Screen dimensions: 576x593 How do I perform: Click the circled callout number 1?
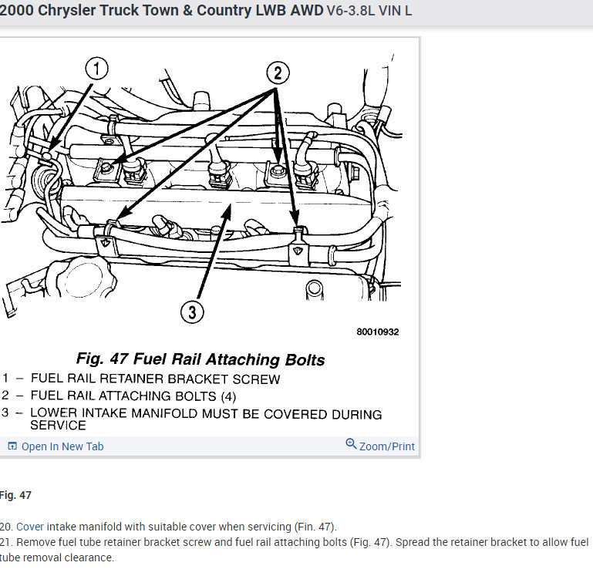coord(96,69)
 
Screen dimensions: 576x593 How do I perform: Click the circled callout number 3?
coord(191,312)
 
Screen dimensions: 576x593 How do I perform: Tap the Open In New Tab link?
coord(62,446)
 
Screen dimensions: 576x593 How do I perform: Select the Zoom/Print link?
coord(386,446)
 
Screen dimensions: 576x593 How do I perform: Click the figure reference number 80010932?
coord(377,332)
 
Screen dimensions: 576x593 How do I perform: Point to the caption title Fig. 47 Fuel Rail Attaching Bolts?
coord(200,359)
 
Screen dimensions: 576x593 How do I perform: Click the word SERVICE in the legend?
coord(58,425)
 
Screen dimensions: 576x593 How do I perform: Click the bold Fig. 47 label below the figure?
coord(15,495)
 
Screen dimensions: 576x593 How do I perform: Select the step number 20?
coord(6,527)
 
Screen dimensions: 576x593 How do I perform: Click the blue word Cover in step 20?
coord(31,527)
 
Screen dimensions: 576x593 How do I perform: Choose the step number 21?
coord(6,543)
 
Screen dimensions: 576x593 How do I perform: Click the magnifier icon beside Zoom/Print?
coord(351,444)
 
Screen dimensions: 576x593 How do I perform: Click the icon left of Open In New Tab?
coord(12,446)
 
